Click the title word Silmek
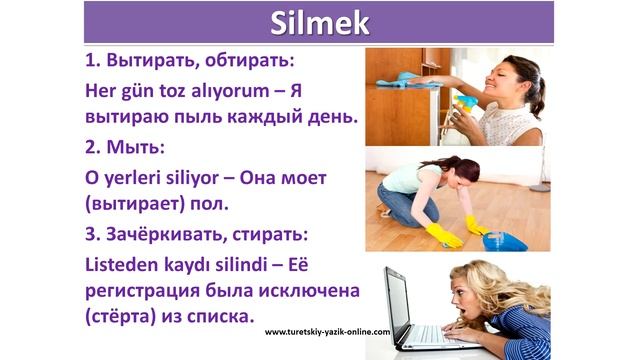point(319,23)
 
